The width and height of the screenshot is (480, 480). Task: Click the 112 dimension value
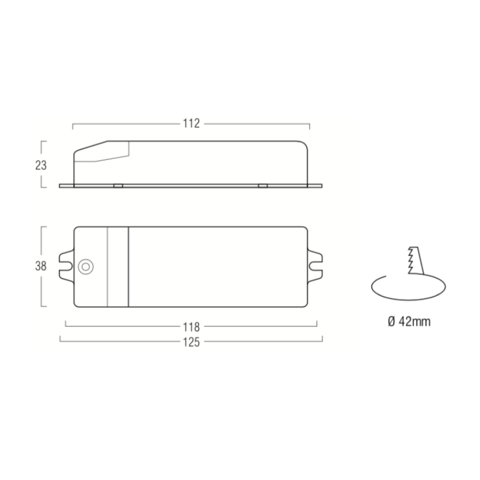point(191,123)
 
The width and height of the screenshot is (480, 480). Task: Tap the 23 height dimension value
point(41,165)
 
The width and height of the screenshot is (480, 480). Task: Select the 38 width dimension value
point(41,266)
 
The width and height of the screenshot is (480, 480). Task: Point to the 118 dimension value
point(191,327)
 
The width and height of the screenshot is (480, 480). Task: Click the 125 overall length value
point(191,342)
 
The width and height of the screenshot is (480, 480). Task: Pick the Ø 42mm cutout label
point(409,321)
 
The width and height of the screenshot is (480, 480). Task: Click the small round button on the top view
point(86,267)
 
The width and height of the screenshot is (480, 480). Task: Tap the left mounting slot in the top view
point(66,266)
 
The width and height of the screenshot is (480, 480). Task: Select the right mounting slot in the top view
point(315,266)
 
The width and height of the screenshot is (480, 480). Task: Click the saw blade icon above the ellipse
point(416,261)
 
